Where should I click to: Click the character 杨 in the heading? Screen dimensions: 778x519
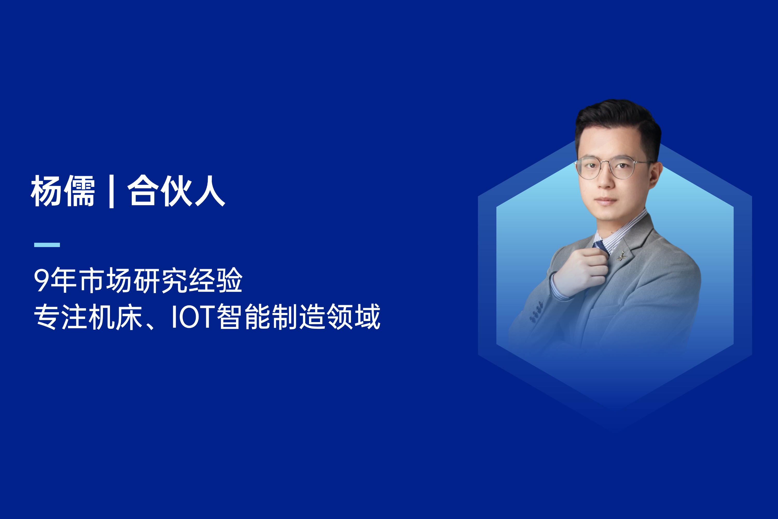[46, 191]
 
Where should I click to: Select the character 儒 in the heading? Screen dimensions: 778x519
[79, 191]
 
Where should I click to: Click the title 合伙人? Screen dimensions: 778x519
[177, 191]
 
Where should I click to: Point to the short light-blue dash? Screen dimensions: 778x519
[47, 245]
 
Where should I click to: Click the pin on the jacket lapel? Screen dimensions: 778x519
[621, 256]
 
